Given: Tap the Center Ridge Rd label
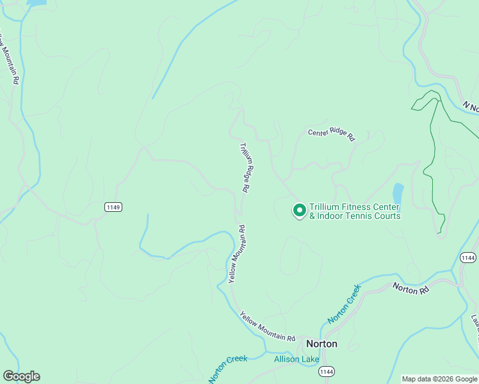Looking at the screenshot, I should [x=331, y=134].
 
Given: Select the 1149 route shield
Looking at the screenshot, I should [x=113, y=207].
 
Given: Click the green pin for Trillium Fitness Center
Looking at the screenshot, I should [x=299, y=210].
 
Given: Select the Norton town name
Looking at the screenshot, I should [x=321, y=344].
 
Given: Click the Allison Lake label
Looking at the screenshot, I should [x=296, y=359].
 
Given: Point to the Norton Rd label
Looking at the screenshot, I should [x=410, y=289].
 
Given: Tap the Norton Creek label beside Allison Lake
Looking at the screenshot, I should [x=228, y=369].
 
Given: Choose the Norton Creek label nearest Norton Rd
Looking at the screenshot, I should [x=345, y=304].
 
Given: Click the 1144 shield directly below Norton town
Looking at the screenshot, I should [x=327, y=371].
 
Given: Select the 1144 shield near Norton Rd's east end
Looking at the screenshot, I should [x=467, y=257].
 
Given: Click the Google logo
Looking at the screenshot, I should [x=21, y=376].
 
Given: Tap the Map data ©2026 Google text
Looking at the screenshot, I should [x=439, y=379].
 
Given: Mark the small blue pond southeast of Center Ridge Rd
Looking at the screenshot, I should [x=398, y=193].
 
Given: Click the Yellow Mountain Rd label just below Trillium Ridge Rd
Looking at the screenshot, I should [x=236, y=253].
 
